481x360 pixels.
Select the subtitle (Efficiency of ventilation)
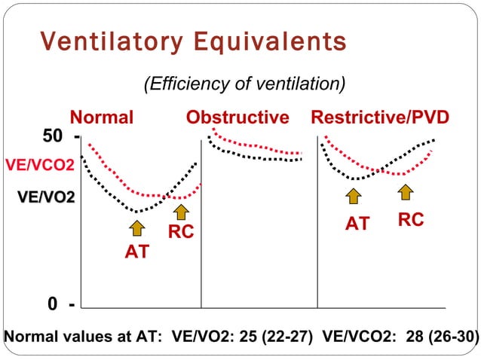(x=245, y=83)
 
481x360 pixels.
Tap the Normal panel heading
(x=102, y=117)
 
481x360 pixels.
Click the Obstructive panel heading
(x=237, y=117)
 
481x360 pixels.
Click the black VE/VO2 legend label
(x=47, y=197)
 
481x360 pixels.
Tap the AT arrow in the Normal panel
(x=136, y=228)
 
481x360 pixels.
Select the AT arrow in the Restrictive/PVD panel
(x=354, y=196)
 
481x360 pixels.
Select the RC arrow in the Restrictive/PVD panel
(x=406, y=192)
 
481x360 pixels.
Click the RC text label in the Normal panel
(x=181, y=233)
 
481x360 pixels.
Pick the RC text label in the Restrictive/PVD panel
(x=410, y=219)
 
